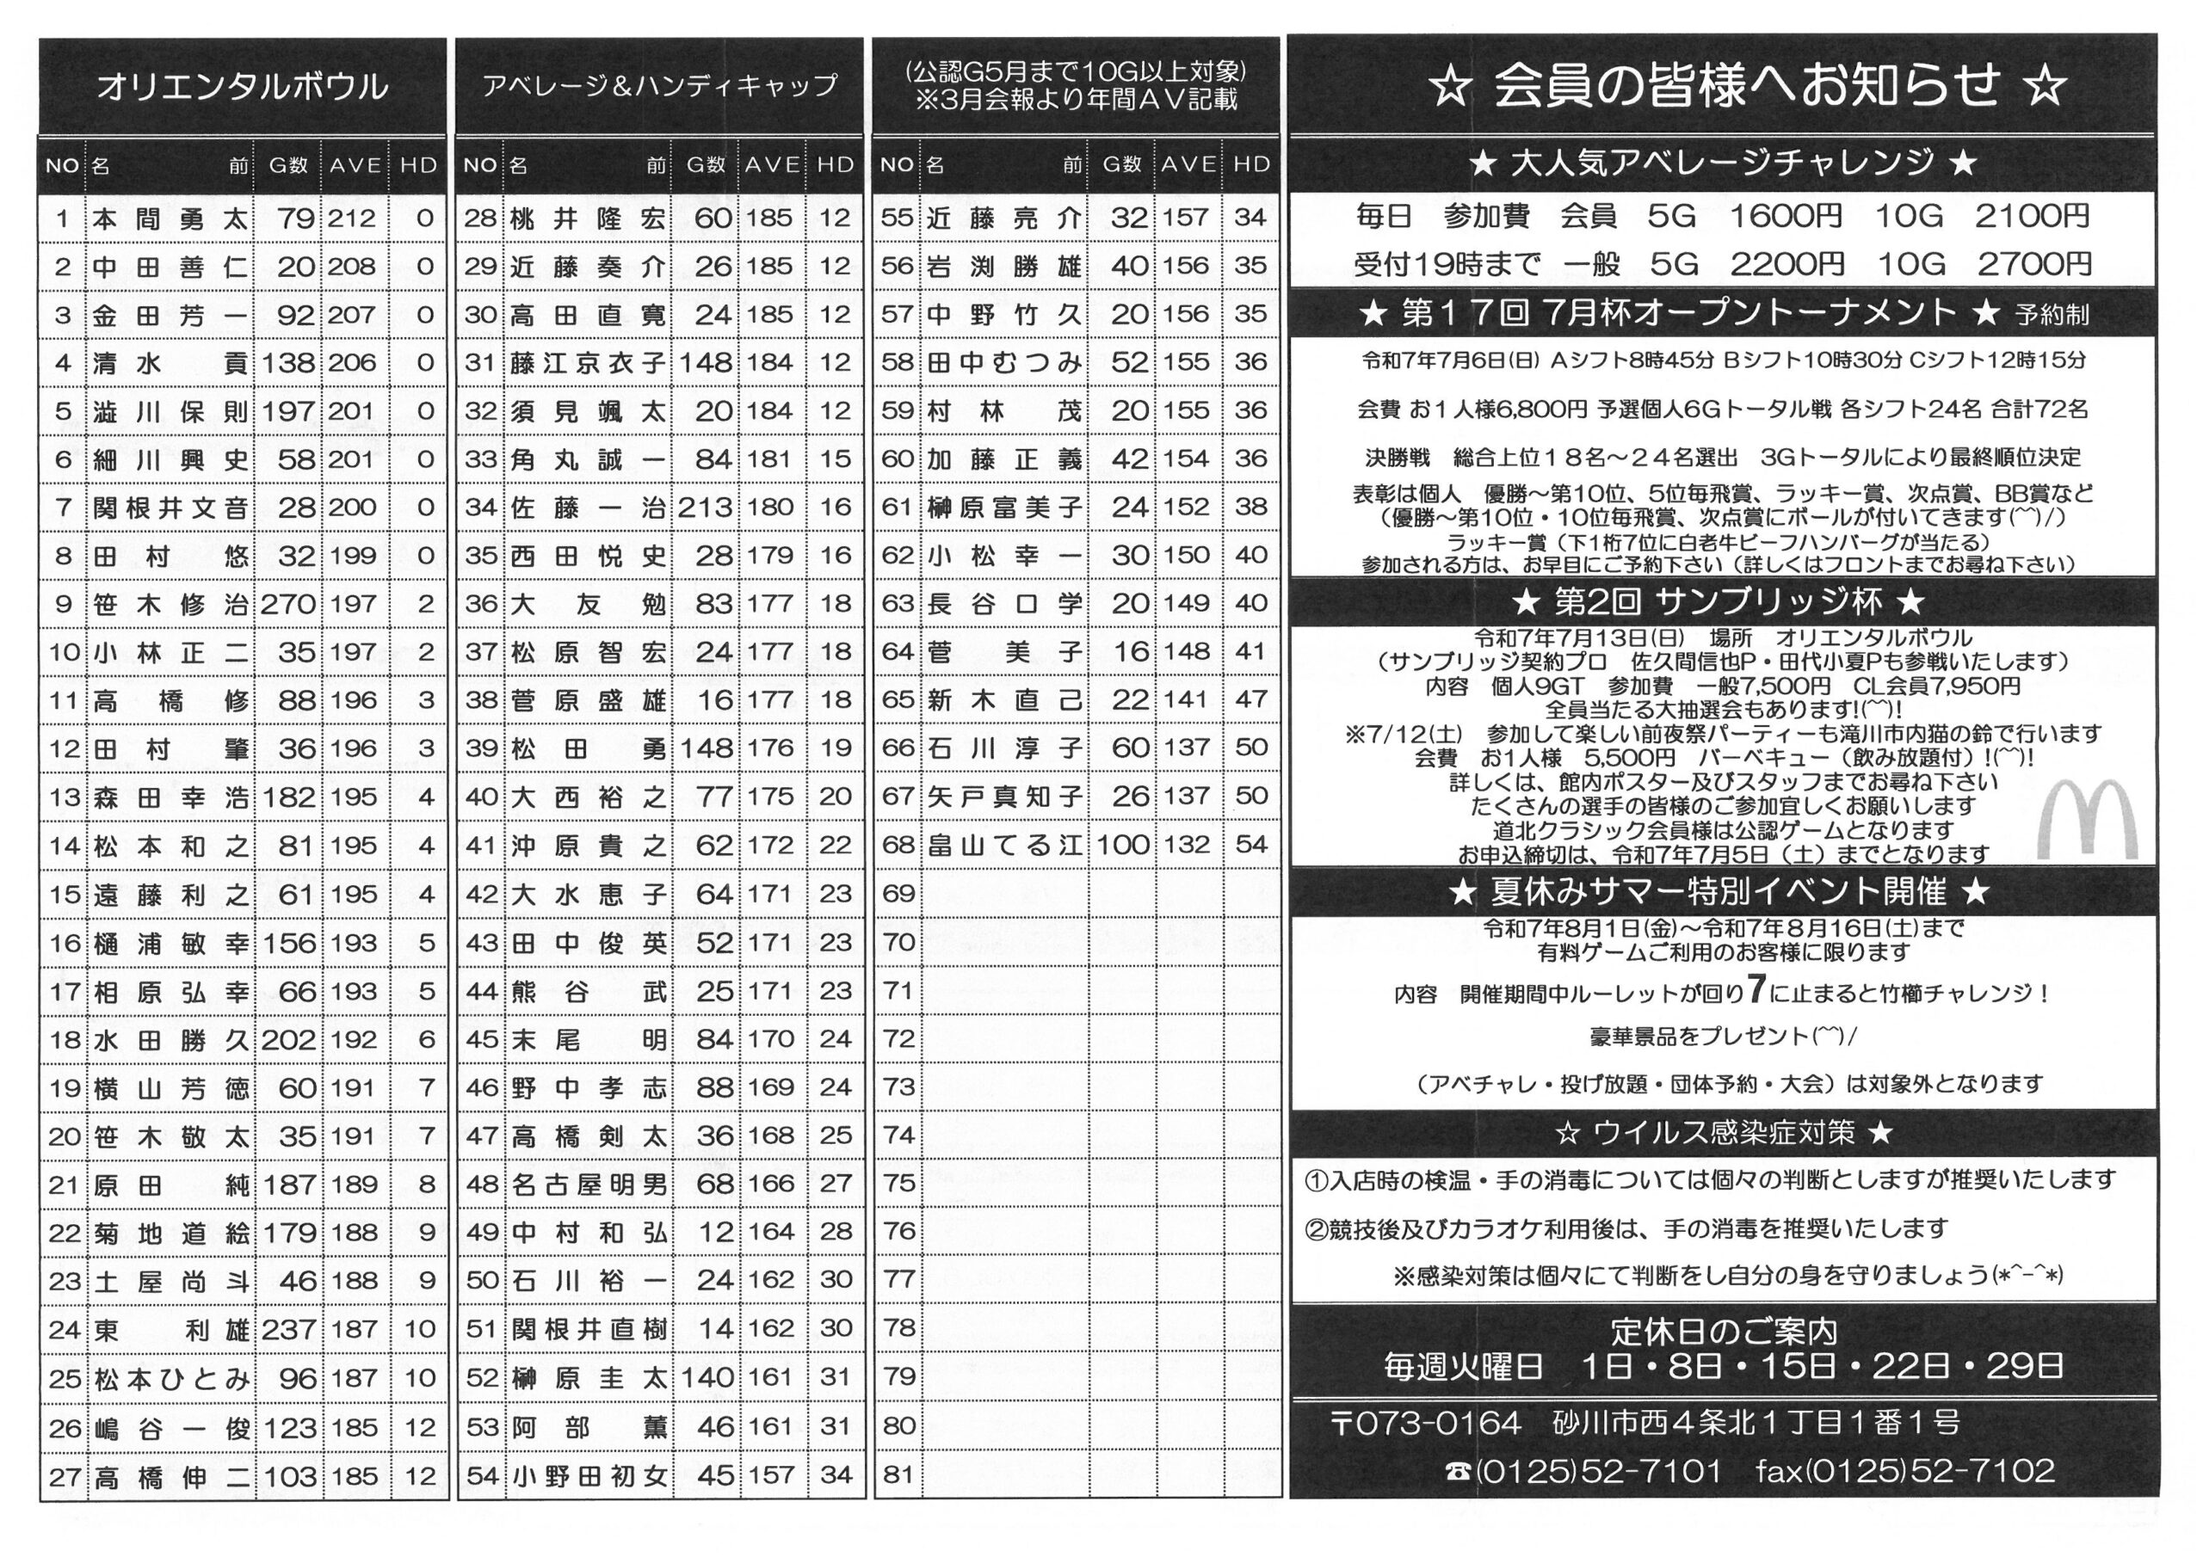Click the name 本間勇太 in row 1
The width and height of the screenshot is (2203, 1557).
pos(170,218)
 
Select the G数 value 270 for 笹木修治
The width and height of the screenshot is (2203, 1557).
pos(287,605)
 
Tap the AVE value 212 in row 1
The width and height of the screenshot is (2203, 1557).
pos(352,218)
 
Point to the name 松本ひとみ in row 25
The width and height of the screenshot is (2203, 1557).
pos(170,1379)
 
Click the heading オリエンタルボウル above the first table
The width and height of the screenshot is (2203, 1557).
pos(243,87)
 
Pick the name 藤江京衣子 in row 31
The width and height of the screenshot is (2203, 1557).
pos(587,363)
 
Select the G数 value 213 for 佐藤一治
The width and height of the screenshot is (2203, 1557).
pos(706,508)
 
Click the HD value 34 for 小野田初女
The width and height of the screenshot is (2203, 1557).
pos(835,1474)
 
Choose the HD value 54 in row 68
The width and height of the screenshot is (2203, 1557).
pos(1251,844)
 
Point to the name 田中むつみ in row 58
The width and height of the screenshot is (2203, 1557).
pos(1004,363)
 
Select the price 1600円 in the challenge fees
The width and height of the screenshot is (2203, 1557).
pos(1786,217)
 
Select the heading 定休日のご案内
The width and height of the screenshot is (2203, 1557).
pos(1724,1332)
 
